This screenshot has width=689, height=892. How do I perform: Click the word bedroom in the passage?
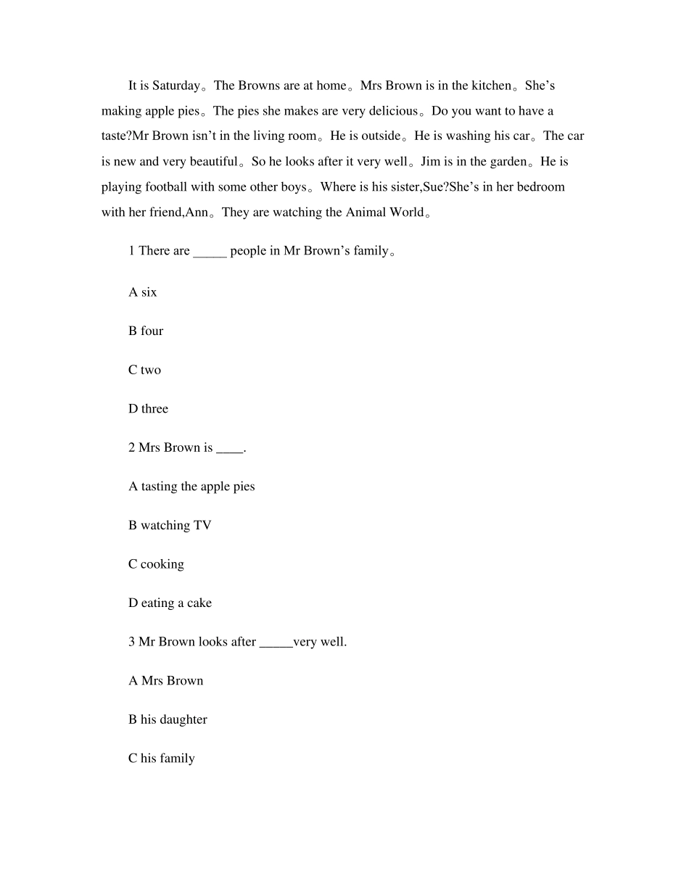537,186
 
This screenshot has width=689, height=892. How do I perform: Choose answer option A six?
143,292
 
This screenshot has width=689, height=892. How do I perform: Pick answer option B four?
146,331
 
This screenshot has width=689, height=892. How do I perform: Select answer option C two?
144,370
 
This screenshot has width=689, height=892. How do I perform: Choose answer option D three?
148,409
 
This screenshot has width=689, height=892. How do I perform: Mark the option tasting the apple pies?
191,487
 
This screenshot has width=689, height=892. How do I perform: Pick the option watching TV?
170,525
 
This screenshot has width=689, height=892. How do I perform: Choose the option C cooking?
156,564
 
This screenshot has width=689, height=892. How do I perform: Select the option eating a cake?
170,603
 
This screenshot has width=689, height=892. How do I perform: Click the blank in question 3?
276,643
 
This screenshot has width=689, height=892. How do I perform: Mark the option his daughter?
168,719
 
